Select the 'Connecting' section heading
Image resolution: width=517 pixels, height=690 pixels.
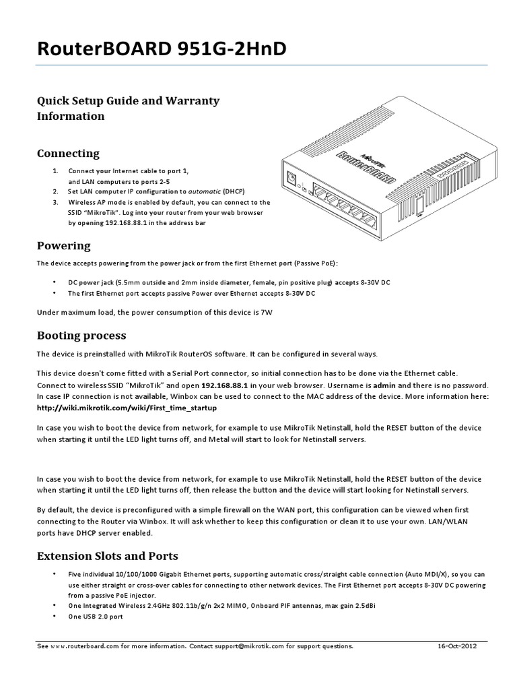click(68, 154)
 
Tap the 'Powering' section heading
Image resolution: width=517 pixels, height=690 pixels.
click(63, 245)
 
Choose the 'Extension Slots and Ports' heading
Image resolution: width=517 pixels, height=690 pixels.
click(107, 556)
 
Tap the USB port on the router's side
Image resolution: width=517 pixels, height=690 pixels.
click(422, 206)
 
